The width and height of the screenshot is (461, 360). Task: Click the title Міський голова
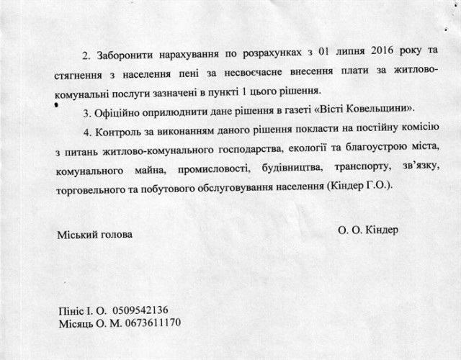click(94, 235)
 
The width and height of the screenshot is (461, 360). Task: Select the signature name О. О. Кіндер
click(367, 230)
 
